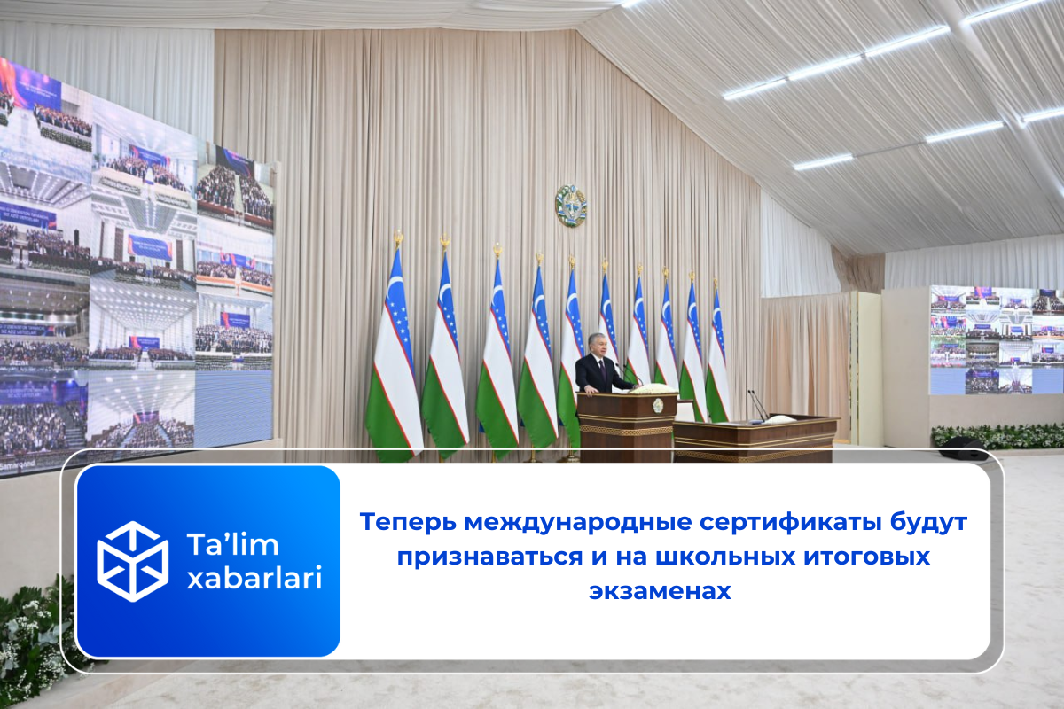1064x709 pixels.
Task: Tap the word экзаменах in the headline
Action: [x=660, y=591]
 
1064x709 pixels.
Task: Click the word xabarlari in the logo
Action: [x=254, y=578]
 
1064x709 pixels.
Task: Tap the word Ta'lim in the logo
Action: [x=232, y=544]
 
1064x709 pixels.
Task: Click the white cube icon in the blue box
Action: [x=132, y=561]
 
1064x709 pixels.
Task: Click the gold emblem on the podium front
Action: [x=658, y=405]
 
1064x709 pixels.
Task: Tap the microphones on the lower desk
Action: [x=757, y=405]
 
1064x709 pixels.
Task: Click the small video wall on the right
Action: [x=997, y=340]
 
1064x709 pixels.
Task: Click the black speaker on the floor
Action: [x=962, y=447]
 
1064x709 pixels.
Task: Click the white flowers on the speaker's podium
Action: [x=653, y=389]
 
